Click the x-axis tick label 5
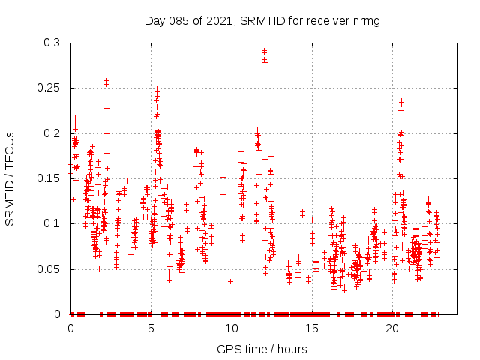[x=151, y=328]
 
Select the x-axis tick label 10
[x=231, y=328]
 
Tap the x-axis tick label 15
[x=311, y=328]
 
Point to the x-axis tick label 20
[x=391, y=328]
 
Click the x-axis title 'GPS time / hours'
[x=262, y=349]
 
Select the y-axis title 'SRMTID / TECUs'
[x=10, y=178]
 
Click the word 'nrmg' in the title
[x=367, y=20]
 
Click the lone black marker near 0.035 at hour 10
[x=230, y=281]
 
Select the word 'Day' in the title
[x=155, y=20]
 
